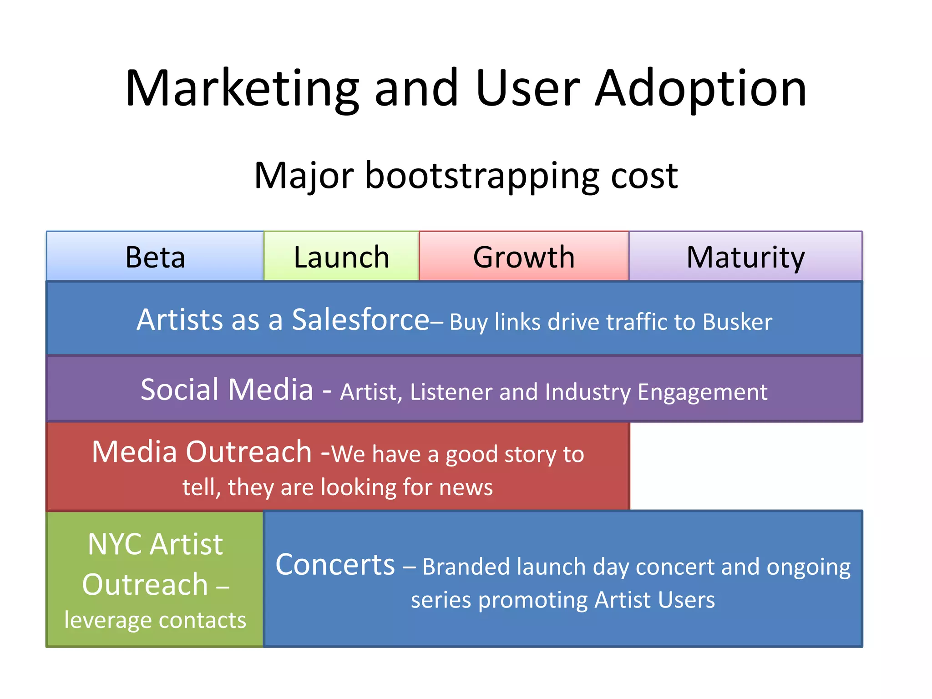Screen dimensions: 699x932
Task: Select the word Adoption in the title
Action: (701, 89)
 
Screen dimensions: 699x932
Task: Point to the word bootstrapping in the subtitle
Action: (482, 177)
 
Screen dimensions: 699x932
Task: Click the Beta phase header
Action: (155, 257)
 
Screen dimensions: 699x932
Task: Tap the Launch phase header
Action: (341, 257)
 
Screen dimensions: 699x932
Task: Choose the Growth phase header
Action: (524, 257)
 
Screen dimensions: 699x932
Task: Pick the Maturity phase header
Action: (745, 257)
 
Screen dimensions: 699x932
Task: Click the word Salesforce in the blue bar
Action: (360, 319)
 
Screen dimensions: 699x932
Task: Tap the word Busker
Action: (737, 322)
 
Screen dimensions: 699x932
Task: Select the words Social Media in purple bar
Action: (227, 390)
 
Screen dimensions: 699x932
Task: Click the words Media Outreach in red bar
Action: (202, 452)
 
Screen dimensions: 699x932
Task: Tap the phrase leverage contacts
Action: (155, 620)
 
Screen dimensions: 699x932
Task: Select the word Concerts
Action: (335, 565)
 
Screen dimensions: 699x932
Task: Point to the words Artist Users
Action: (654, 600)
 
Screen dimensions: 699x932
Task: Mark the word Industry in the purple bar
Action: (588, 392)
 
